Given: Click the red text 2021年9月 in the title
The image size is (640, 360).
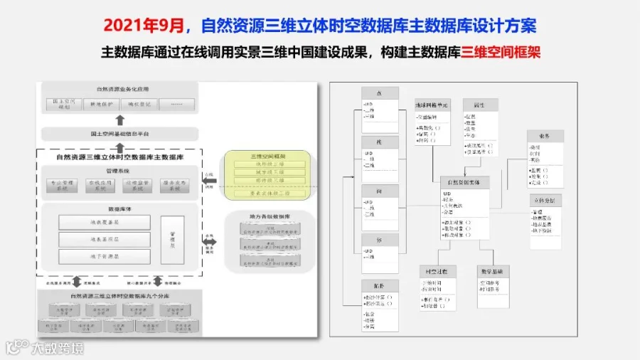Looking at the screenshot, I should (145, 25).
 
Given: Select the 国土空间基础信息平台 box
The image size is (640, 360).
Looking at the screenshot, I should (119, 134).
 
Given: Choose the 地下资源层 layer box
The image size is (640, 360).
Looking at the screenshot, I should (105, 256).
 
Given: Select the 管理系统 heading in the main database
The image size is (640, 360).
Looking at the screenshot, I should (119, 171).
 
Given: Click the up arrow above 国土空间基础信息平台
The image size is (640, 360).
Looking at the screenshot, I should (119, 120).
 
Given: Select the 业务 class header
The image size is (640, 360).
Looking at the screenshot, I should (546, 136).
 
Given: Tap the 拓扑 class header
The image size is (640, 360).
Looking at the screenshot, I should (378, 285).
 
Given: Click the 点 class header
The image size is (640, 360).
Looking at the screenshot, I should (378, 93).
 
